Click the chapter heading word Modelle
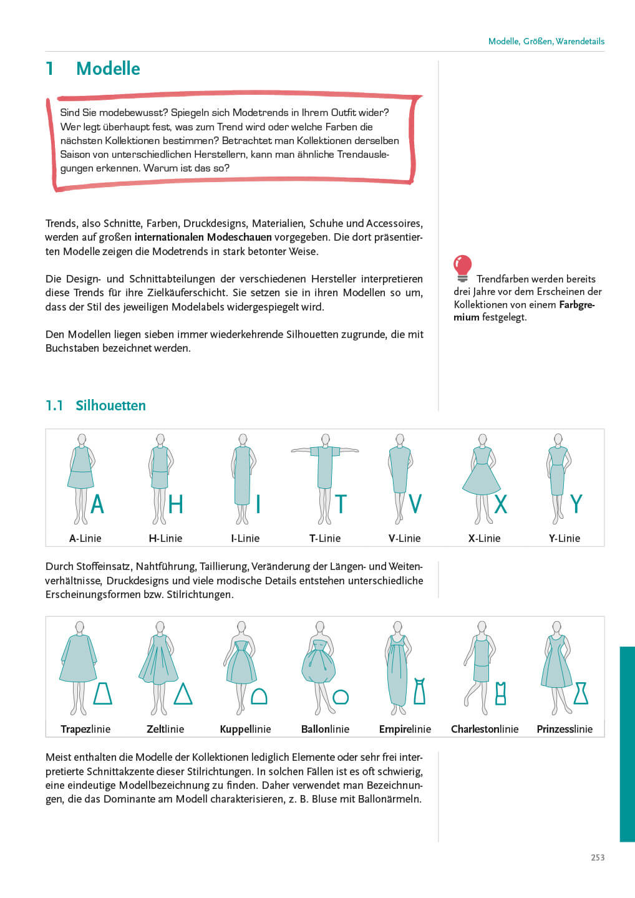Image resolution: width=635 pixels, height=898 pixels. tap(108, 69)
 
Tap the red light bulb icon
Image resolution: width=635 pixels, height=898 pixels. tap(462, 268)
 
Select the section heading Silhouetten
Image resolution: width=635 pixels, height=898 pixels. tap(110, 405)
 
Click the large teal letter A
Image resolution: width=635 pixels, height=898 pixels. tap(97, 504)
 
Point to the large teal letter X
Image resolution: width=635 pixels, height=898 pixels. tap(500, 504)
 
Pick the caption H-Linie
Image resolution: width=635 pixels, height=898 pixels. tap(165, 538)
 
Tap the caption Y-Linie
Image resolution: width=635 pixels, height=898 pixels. tap(565, 538)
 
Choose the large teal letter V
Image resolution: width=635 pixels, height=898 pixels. tap(415, 504)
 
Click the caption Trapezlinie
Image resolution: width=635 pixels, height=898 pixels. tap(85, 729)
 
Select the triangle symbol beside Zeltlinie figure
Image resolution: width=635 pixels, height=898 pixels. tap(183, 694)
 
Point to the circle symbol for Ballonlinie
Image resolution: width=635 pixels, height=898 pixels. tap(341, 697)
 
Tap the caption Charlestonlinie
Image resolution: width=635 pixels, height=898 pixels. tap(485, 729)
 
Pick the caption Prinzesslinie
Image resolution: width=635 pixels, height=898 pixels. tap(565, 729)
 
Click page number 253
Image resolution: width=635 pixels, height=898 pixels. tap(598, 857)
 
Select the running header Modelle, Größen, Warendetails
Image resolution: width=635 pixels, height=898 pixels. tap(546, 41)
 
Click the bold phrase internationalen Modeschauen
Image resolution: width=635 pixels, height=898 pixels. tap(203, 237)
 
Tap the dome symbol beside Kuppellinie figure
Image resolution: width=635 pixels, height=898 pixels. tap(259, 696)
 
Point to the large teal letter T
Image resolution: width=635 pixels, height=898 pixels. tap(341, 504)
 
